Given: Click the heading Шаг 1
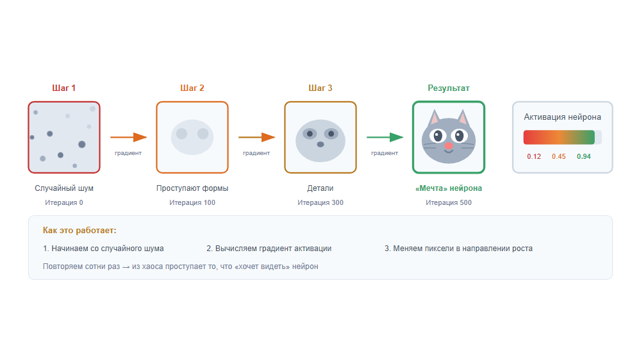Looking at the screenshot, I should [64, 88].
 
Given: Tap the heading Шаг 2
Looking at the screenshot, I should [192, 88].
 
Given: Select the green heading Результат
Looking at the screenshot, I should [449, 88].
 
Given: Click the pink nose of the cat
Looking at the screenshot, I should [449, 146].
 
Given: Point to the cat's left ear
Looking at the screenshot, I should [434, 118].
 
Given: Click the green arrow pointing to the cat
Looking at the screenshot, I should [385, 137].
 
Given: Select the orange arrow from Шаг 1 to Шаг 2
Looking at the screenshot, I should [128, 137].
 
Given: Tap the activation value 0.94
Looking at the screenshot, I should [583, 156].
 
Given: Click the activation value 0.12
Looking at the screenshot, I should [534, 156].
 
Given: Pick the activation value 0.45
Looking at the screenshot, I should [558, 156].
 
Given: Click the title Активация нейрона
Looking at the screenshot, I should [562, 117].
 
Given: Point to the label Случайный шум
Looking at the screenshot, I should [64, 188].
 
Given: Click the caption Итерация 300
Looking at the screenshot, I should [320, 202].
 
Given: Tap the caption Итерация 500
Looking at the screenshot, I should [449, 202].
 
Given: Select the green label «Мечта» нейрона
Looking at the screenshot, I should [449, 188].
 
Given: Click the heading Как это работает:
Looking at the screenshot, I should [79, 230].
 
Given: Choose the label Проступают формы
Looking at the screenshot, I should [192, 188].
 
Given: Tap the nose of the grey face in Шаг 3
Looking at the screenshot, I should [320, 144].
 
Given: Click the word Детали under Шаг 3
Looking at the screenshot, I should [320, 188].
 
